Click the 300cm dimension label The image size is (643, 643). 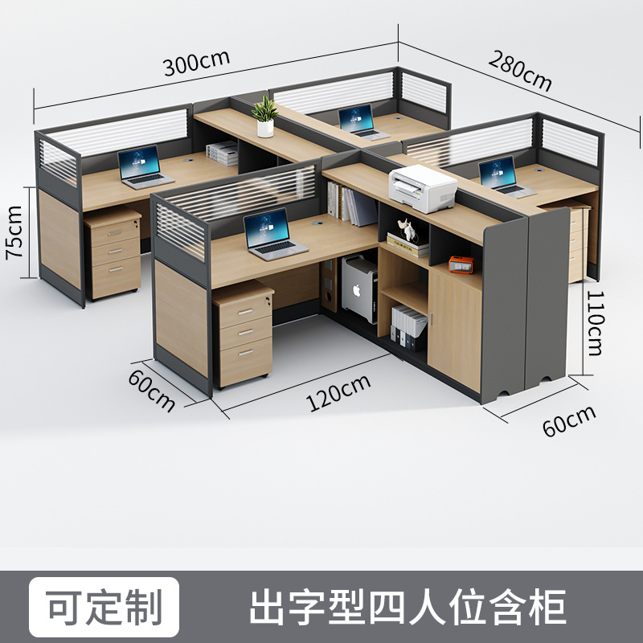196,63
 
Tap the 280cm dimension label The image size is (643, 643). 520,71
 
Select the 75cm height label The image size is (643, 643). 14,232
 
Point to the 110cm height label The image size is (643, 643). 596,323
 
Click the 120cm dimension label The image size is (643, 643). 338,393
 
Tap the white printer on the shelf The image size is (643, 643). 423,188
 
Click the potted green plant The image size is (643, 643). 265,117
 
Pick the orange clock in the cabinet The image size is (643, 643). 461,264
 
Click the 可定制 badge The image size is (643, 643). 104,607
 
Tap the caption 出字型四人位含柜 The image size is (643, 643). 408,607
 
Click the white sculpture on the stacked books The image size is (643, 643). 407,230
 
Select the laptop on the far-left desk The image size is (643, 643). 144,167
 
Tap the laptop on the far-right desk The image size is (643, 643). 505,177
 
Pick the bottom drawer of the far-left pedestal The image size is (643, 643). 116,276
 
